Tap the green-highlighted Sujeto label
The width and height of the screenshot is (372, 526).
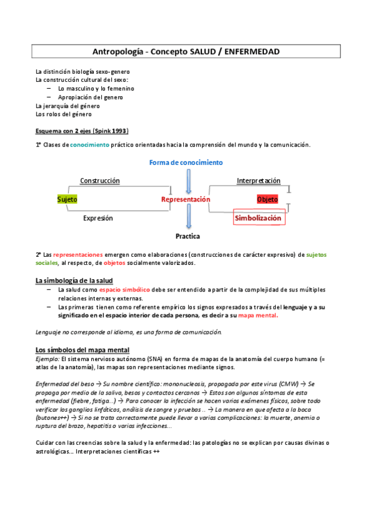tap(67, 199)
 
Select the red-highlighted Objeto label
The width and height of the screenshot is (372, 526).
tap(267, 199)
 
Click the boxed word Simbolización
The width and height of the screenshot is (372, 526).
tap(258, 218)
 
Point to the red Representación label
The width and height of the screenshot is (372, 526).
tap(186, 199)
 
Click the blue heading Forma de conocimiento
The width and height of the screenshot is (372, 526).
tap(186, 163)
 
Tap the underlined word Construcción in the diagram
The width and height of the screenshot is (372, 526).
tap(99, 181)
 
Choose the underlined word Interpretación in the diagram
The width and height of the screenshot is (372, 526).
tap(258, 181)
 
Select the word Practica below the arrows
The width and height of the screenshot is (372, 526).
tap(187, 236)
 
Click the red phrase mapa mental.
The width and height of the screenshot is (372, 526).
tap(258, 315)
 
